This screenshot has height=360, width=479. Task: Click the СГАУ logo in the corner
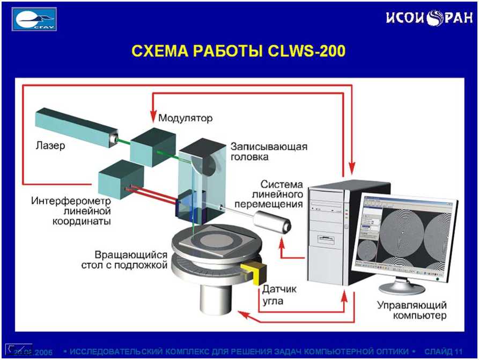click(35, 19)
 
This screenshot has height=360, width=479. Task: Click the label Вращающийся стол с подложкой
click(131, 260)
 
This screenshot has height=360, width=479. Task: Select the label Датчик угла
click(279, 295)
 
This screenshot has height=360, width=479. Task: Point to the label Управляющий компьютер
click(412, 310)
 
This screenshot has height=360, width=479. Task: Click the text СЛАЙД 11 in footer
click(443, 351)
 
